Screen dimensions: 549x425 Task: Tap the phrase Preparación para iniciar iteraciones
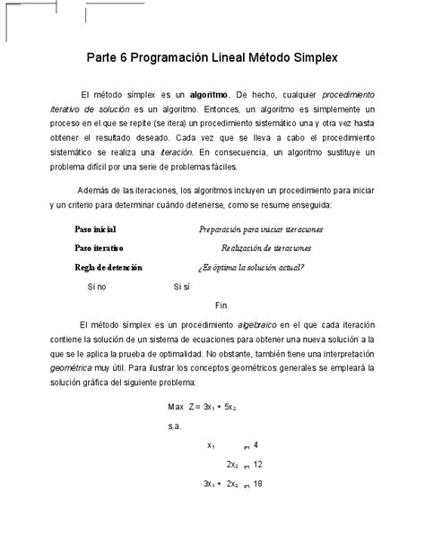click(x=261, y=229)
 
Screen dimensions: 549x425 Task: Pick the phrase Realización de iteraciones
click(x=266, y=247)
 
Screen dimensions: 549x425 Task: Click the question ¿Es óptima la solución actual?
click(x=250, y=266)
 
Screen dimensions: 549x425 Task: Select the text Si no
click(x=97, y=287)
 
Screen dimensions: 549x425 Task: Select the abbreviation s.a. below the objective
click(x=175, y=428)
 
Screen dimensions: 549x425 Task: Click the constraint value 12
click(x=258, y=465)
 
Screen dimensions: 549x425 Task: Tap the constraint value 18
click(x=258, y=484)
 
